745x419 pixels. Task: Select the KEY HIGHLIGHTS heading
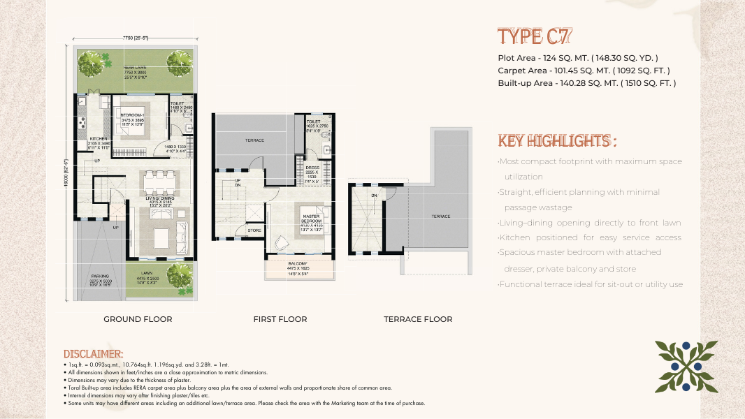[557, 141]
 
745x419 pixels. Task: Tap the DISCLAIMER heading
[93, 355]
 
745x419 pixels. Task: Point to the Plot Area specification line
[577, 58]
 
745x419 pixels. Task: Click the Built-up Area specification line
[586, 83]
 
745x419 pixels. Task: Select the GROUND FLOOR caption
[138, 319]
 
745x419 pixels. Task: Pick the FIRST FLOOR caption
[280, 319]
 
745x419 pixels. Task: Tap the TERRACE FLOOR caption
[418, 319]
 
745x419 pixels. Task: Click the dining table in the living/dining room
[159, 184]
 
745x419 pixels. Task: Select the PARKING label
[99, 277]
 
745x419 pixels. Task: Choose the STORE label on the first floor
[254, 230]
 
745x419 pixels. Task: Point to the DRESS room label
[312, 168]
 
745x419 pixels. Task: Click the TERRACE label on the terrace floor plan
[441, 216]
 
